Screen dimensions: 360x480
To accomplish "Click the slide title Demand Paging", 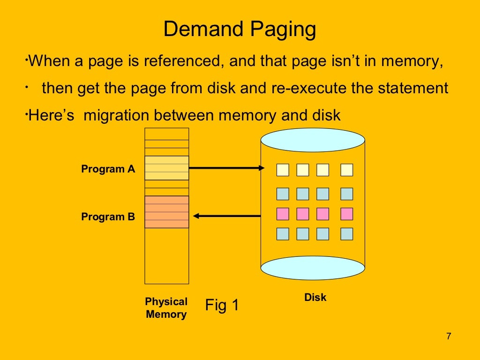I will pyautogui.click(x=240, y=30).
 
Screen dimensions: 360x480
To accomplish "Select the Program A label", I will pyautogui.click(x=108, y=169).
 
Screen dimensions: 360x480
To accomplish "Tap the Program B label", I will pyautogui.click(x=108, y=217).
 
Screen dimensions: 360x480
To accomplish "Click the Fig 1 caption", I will pyautogui.click(x=222, y=305).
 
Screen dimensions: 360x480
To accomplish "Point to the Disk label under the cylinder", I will pyautogui.click(x=315, y=297).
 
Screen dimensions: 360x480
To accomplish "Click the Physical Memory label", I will pyautogui.click(x=166, y=308).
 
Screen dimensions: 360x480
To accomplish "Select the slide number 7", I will pyautogui.click(x=449, y=336).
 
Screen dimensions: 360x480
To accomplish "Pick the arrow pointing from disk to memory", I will pyautogui.click(x=227, y=216).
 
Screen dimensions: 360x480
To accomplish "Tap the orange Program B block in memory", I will pyautogui.click(x=166, y=212).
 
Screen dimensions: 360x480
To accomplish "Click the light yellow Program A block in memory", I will pyautogui.click(x=166, y=168).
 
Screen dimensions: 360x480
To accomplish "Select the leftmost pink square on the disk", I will pyautogui.click(x=283, y=214).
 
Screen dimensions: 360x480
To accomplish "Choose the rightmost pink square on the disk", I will pyautogui.click(x=346, y=214).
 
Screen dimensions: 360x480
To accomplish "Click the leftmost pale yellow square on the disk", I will pyautogui.click(x=283, y=170).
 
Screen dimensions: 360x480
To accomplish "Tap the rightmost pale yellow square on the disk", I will pyautogui.click(x=346, y=170).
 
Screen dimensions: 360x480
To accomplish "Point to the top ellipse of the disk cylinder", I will pyautogui.click(x=313, y=140).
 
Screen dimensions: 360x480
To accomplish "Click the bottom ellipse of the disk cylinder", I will pyautogui.click(x=313, y=268).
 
